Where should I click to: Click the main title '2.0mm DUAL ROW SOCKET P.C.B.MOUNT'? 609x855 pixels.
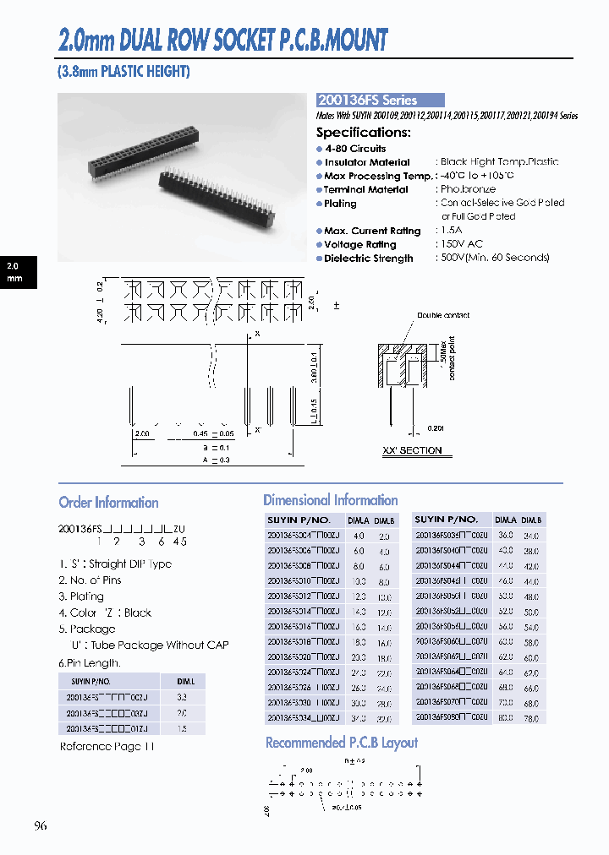[222, 39]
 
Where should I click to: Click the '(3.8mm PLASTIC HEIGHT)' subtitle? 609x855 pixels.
[123, 72]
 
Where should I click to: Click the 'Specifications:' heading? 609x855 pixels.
[364, 133]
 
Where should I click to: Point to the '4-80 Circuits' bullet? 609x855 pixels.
[355, 149]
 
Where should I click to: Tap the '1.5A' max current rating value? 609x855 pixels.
[453, 231]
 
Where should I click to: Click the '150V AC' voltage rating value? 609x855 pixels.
[461, 244]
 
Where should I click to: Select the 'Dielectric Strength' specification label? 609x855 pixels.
[368, 259]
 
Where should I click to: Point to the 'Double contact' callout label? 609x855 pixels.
[442, 315]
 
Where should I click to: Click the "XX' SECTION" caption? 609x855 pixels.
[412, 451]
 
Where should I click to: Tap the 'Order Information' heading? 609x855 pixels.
[108, 503]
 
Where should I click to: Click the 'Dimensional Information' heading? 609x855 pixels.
[330, 500]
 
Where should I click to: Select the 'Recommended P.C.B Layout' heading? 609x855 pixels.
[342, 743]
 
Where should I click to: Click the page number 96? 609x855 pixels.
[41, 825]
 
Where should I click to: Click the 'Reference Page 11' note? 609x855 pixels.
[107, 747]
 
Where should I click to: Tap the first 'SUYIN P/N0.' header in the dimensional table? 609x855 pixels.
[298, 520]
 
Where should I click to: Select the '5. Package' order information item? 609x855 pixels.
[87, 629]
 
